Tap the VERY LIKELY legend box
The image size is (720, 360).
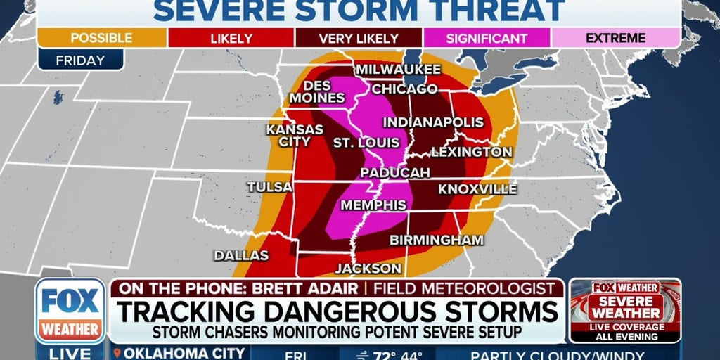[358, 39]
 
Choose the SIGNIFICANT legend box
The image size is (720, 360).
[487, 39]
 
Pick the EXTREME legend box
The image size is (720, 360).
[615, 39]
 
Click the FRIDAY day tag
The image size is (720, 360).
[80, 60]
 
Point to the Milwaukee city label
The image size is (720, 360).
[397, 70]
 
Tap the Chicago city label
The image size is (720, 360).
[404, 89]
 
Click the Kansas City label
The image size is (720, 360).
[294, 136]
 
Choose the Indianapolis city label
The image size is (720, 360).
[433, 122]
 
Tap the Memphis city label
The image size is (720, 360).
[373, 205]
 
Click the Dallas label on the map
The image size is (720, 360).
[241, 255]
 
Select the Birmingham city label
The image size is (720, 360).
[437, 240]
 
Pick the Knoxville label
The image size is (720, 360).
[477, 189]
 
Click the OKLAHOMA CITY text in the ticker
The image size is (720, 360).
[185, 353]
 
